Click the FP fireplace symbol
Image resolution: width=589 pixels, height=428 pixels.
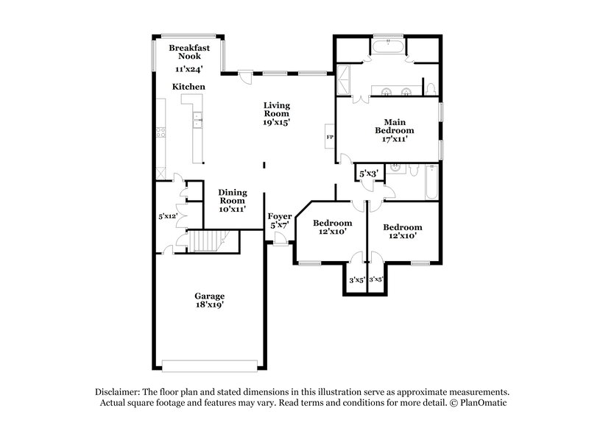pos(330,138)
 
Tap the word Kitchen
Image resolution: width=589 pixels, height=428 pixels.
pos(188,87)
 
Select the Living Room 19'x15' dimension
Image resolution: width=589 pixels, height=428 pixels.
pos(277,123)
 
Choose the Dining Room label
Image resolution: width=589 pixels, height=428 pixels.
pos(232,196)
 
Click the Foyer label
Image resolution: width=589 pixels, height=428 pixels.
pos(280,217)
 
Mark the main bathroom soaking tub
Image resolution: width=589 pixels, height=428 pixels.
pos(387,49)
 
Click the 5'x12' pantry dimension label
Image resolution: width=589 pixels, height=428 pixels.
pos(168,217)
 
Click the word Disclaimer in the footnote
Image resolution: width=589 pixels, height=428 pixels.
pos(120,392)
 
